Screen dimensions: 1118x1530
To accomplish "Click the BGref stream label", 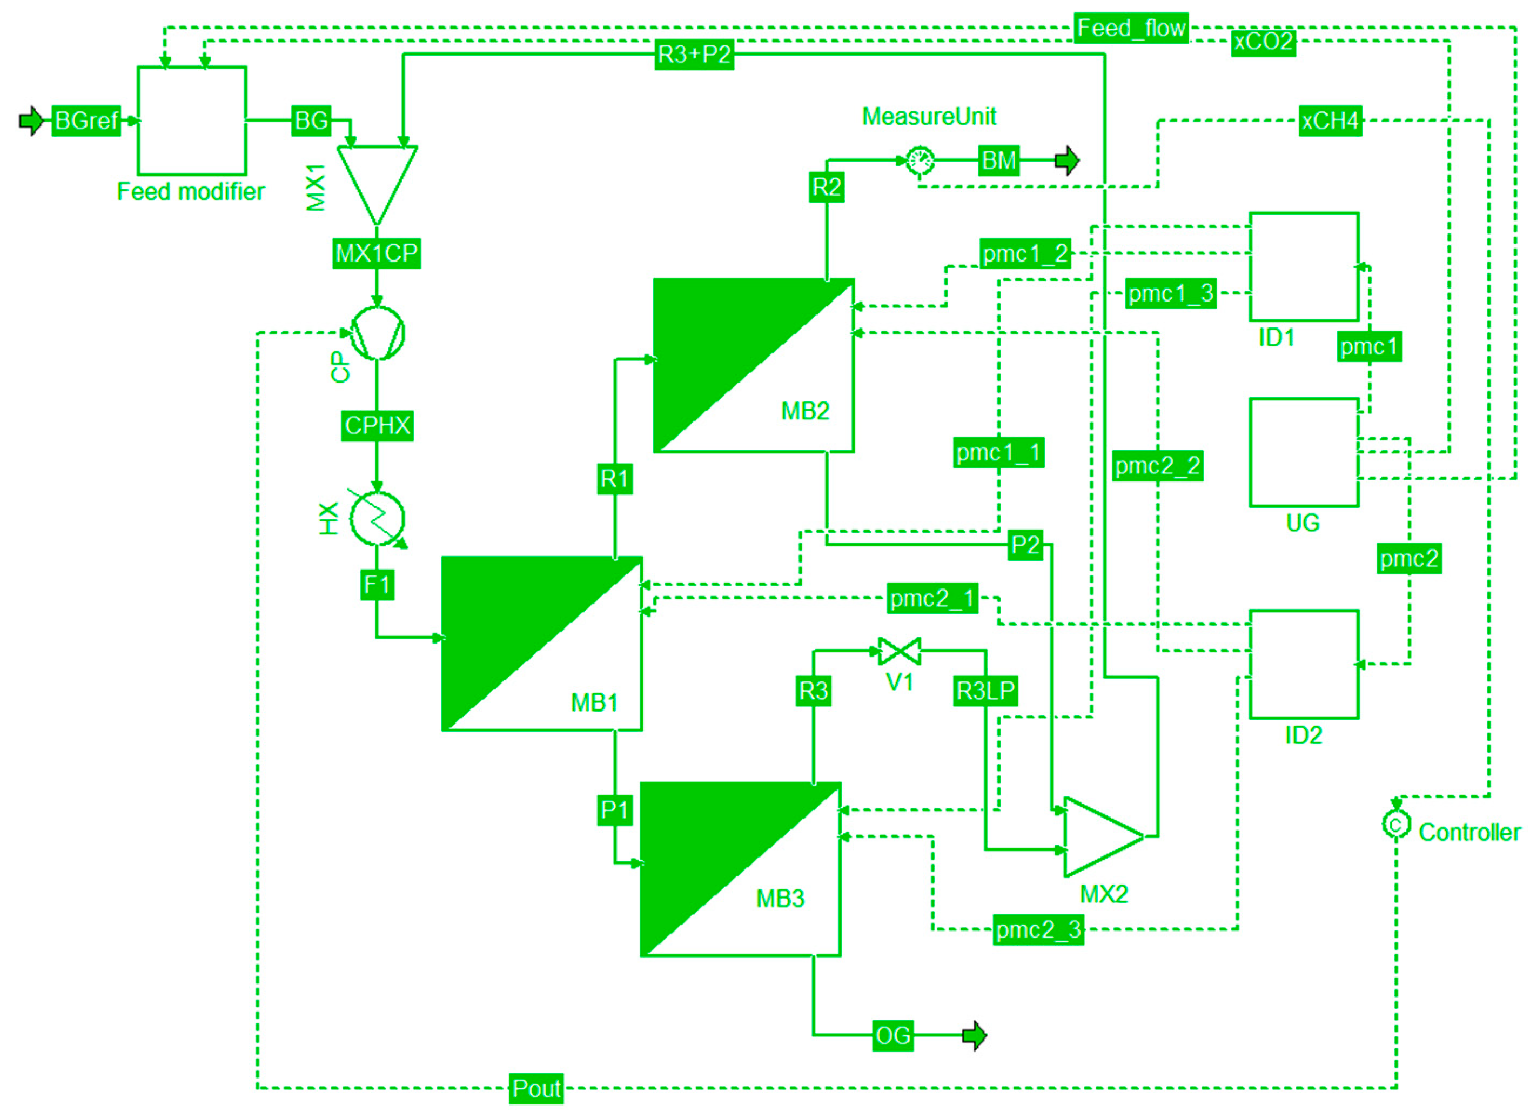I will tap(86, 121).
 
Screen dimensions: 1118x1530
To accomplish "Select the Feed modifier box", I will tap(191, 121).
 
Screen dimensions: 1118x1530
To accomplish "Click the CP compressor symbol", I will tap(377, 333).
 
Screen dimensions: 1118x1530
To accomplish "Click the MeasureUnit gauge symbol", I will tap(920, 161).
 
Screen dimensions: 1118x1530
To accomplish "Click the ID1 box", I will tap(1303, 266).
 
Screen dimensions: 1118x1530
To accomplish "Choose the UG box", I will tap(1303, 452).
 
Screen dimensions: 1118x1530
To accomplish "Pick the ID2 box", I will tap(1303, 665).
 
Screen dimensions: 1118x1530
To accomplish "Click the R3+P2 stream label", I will tap(694, 54).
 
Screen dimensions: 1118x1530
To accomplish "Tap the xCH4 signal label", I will tap(1330, 121).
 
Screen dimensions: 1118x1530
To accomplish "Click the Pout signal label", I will tap(536, 1089).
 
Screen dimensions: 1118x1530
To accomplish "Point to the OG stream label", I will tap(892, 1036).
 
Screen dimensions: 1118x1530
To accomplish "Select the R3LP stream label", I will tap(985, 692).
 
